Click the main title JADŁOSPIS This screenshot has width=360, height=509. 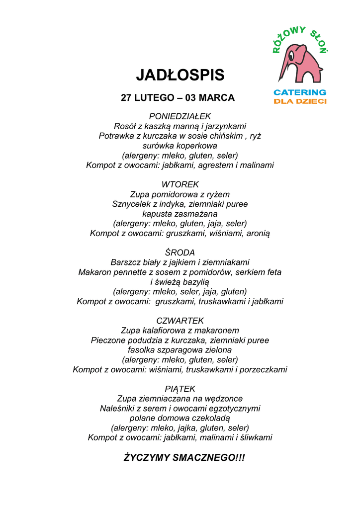click(180, 75)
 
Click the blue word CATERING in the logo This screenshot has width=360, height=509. click(300, 92)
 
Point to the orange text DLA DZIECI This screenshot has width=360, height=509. click(300, 101)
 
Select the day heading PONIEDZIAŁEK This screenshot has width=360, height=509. click(180, 116)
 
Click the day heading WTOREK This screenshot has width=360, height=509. click(180, 184)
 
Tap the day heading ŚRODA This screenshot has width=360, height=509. click(180, 253)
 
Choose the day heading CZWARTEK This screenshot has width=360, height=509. click(180, 321)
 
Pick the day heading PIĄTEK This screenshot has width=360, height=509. click(180, 389)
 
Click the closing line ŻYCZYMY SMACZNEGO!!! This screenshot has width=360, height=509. click(184, 457)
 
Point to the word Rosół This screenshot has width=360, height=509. click(124, 126)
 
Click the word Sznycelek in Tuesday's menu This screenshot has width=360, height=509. click(130, 204)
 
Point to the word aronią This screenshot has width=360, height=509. click(258, 233)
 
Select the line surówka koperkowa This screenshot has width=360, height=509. click(180, 146)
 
